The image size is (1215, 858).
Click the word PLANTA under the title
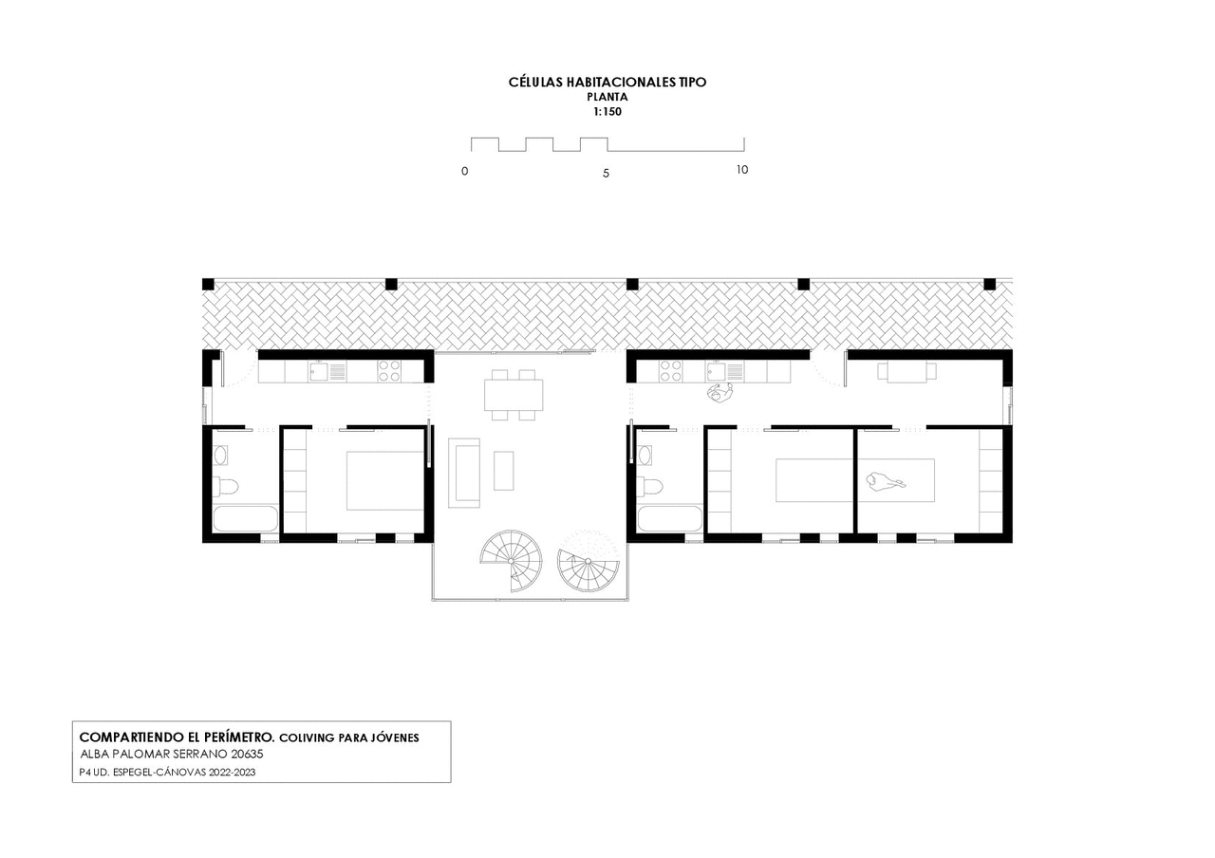pos(607,97)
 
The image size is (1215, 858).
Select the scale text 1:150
pos(607,112)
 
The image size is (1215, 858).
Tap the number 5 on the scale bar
pos(606,174)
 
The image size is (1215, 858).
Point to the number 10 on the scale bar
pos(742,170)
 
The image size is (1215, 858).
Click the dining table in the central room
pos(514,395)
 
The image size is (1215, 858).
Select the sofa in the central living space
pos(464,473)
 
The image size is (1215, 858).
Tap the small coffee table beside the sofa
pos(503,471)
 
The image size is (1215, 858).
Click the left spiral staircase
pos(511,560)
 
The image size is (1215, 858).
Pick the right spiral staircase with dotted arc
pos(588,561)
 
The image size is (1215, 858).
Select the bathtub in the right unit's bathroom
pos(669,519)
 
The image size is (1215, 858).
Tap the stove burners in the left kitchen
pos(389,371)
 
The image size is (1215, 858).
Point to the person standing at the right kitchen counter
pos(720,393)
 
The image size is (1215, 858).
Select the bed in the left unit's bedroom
pos(385,480)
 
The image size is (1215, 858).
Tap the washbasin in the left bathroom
pos(221,455)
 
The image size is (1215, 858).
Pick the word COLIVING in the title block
pos(307,738)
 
